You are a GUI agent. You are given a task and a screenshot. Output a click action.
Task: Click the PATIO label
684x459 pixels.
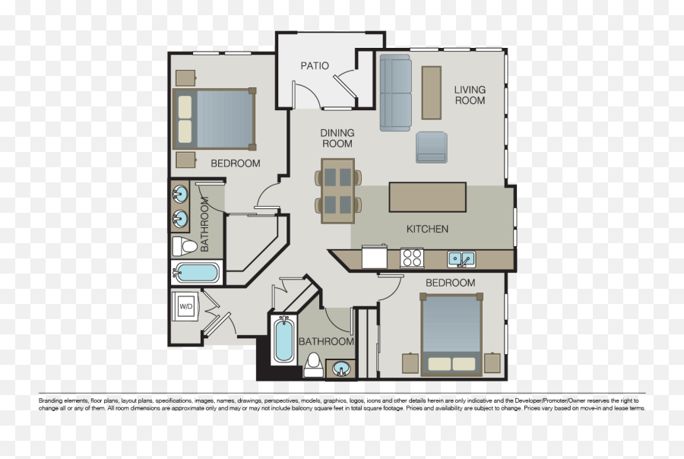tap(315, 66)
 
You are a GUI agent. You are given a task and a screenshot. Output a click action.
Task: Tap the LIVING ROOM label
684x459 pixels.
tap(470, 95)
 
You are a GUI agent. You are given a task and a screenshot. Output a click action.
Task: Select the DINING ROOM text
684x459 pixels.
tap(337, 138)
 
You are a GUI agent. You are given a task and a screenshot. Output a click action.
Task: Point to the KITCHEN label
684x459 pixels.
tap(427, 229)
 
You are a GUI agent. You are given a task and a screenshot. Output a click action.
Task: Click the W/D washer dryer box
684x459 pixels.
tap(186, 305)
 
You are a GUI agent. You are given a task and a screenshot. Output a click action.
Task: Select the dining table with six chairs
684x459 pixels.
tap(338, 191)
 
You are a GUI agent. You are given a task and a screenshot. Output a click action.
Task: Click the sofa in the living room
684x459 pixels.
tap(395, 92)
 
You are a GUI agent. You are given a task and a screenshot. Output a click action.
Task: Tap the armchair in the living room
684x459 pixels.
tap(432, 147)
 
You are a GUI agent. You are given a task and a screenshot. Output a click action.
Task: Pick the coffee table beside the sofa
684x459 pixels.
tap(431, 92)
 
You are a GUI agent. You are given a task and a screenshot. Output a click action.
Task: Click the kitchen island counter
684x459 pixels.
tap(428, 197)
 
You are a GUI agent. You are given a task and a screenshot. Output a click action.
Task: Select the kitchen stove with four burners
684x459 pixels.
tap(413, 258)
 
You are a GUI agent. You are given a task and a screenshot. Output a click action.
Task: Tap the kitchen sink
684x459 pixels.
tap(461, 258)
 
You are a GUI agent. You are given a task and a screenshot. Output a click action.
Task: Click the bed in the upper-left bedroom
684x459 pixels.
tap(214, 119)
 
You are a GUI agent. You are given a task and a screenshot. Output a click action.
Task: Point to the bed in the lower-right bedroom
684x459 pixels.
tap(451, 334)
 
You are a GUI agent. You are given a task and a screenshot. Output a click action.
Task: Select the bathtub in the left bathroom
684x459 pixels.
tap(197, 272)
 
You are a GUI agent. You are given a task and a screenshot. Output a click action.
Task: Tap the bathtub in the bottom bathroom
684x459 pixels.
tap(283, 340)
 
